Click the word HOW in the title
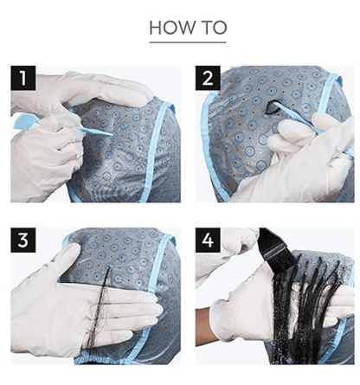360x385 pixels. point(172,28)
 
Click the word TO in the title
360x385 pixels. point(214,28)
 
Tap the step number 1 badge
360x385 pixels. point(23,78)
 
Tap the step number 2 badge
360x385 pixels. point(208,78)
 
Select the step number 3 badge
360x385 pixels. point(23,240)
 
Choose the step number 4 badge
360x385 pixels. point(208,240)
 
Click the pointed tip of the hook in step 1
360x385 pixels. point(112,134)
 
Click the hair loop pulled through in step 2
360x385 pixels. point(271,107)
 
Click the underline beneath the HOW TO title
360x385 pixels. point(188,42)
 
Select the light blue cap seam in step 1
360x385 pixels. point(157,150)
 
